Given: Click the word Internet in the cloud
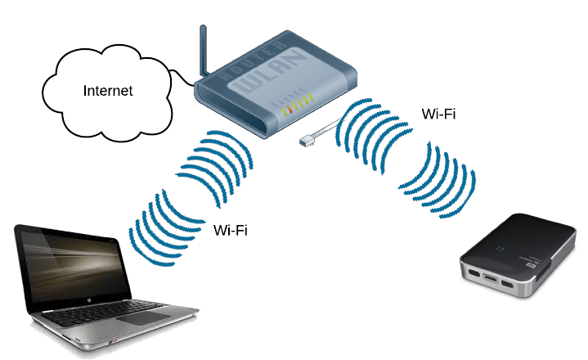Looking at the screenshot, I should [x=107, y=90].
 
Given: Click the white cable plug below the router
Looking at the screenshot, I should [x=306, y=141].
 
